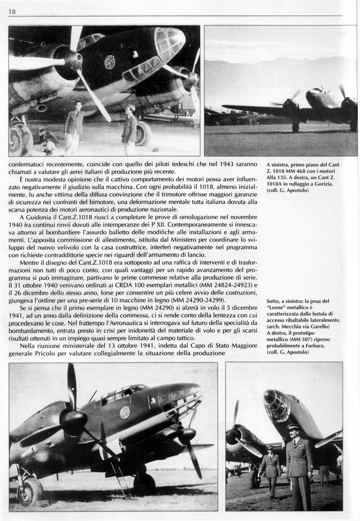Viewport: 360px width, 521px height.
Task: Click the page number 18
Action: (12, 11)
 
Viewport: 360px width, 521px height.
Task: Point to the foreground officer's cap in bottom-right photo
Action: (294, 427)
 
